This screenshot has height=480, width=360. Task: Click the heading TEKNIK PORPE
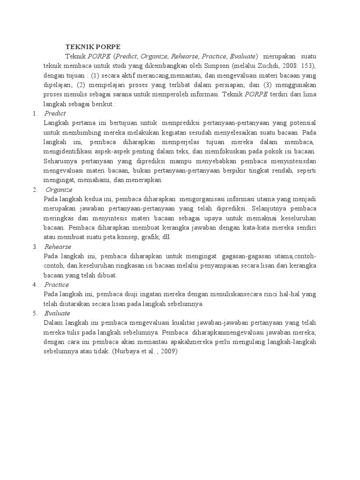click(92, 47)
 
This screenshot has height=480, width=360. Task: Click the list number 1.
click(34, 113)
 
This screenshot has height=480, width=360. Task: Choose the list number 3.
click(34, 247)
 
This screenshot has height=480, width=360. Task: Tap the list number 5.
click(34, 313)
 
